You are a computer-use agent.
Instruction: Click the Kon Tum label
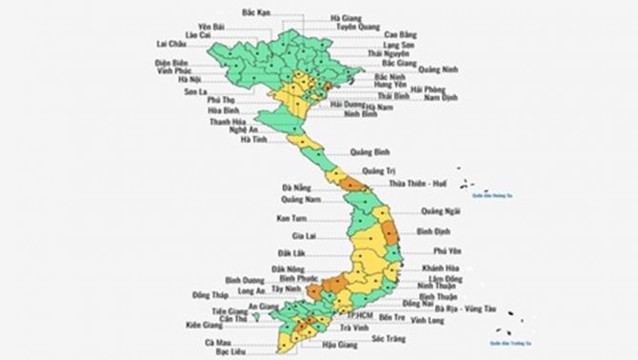(x=290, y=218)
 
